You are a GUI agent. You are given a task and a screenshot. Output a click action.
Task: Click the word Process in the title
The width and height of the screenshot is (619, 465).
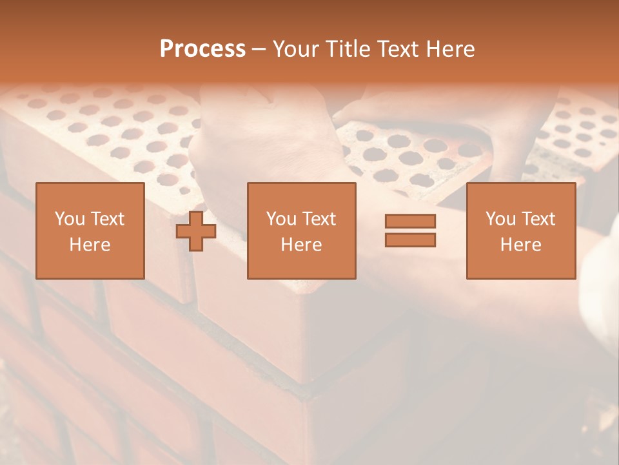[202, 49]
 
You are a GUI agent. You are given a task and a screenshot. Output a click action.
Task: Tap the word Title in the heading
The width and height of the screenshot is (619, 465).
[347, 49]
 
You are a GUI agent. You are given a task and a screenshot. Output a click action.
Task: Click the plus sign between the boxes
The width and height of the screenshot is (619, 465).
[196, 231]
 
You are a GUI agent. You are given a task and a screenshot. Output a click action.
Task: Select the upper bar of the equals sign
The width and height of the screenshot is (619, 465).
[410, 221]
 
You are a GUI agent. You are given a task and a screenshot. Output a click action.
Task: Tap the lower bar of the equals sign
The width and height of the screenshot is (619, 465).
[410, 240]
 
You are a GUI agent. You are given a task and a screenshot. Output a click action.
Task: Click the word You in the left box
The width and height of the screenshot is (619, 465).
[68, 219]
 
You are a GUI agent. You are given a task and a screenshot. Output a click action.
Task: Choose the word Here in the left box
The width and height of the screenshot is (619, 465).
[90, 245]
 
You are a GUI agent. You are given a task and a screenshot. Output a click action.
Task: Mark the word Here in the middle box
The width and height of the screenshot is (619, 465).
[301, 245]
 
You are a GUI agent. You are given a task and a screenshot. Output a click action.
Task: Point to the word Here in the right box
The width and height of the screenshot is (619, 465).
[520, 245]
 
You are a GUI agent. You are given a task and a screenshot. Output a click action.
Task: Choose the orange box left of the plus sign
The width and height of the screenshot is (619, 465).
[90, 265]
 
